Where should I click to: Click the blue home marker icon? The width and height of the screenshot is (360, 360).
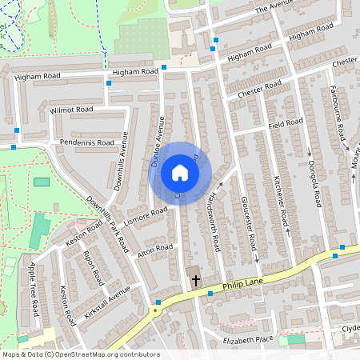179,173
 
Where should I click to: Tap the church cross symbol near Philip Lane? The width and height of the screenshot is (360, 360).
196,280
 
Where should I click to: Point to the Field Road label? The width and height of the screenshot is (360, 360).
285,123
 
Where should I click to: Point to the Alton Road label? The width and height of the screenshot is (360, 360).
155,252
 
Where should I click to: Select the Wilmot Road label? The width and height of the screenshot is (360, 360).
70,109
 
